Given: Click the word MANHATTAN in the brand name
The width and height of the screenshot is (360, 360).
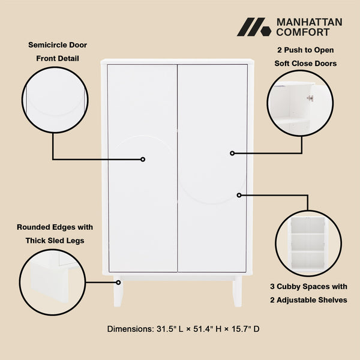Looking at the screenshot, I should (309, 22).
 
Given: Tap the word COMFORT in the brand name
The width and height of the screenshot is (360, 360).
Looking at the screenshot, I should (303, 32).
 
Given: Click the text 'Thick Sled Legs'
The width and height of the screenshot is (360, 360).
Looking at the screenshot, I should (54, 241).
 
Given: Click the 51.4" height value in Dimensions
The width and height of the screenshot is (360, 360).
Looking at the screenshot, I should (198, 329).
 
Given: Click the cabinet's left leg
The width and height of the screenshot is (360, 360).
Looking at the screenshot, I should (119, 292).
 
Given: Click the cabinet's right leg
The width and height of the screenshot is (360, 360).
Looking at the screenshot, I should (238, 292).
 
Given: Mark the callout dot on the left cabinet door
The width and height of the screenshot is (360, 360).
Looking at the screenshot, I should (143, 159).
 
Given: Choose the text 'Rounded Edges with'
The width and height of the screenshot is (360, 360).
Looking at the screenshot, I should (54, 227).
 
